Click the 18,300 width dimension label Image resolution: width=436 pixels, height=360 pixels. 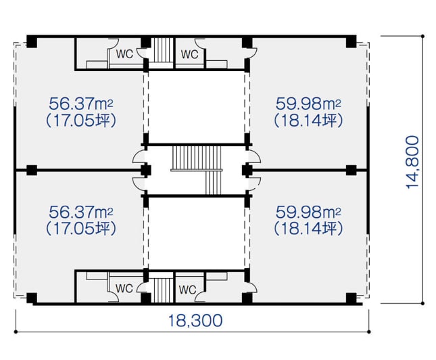[x=195, y=321]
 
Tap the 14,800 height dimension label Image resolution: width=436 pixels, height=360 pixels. [x=412, y=162]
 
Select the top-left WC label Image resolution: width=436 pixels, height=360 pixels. [x=124, y=53]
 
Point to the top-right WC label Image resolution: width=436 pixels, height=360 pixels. [x=190, y=53]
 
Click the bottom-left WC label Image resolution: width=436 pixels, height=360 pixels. [x=124, y=288]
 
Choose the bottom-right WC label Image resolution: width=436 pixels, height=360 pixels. [x=188, y=290]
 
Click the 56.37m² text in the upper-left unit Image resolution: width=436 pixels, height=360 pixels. [x=81, y=104]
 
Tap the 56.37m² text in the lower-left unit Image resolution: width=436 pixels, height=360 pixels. [x=81, y=212]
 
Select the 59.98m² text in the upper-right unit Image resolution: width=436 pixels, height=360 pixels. [x=308, y=104]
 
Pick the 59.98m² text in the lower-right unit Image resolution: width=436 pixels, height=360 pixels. [x=308, y=212]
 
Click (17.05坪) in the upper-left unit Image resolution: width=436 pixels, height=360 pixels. [x=81, y=121]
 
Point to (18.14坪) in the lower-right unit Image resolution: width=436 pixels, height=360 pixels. [x=308, y=229]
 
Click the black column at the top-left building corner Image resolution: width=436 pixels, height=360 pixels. [x=32, y=41]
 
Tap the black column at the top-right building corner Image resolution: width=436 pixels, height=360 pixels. [x=352, y=41]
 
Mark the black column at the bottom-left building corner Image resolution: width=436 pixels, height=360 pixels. [x=32, y=298]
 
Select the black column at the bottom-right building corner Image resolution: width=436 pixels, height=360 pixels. [x=352, y=298]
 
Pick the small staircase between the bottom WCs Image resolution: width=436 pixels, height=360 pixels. [x=162, y=290]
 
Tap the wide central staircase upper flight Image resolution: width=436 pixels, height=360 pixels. [x=197, y=158]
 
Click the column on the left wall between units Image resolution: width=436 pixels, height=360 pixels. [x=32, y=170]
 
